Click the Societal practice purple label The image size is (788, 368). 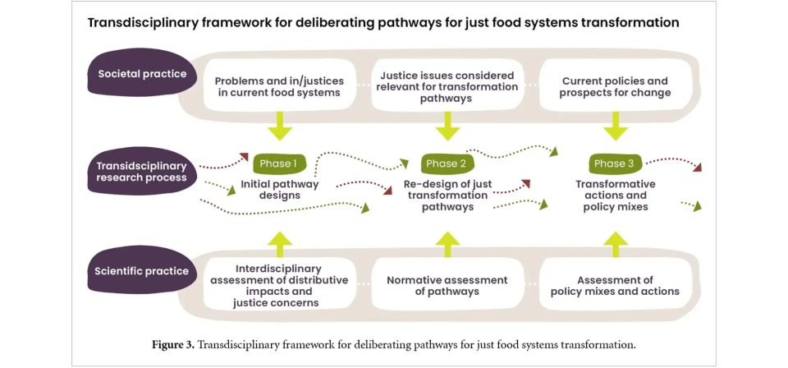(142, 74)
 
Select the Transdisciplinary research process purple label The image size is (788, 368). (142, 172)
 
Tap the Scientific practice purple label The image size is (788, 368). (141, 271)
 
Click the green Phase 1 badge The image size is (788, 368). (279, 163)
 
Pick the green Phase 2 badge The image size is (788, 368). (447, 163)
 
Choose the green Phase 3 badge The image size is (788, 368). (614, 163)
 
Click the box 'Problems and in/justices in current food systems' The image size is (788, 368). (279, 86)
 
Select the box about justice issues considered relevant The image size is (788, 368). (447, 86)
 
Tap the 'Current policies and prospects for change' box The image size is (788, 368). (615, 86)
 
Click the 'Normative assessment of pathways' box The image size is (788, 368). (447, 285)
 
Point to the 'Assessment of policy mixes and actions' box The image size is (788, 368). (615, 285)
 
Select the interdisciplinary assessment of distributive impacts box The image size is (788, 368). (279, 285)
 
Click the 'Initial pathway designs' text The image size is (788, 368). (279, 190)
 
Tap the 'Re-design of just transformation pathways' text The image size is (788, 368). (447, 195)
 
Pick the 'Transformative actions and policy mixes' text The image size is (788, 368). (615, 195)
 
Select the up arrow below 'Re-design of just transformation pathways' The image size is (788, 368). (447, 243)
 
